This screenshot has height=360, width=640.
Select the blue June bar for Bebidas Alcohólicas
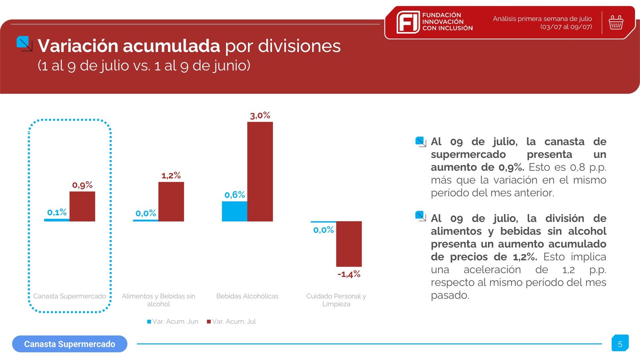(x=234, y=211)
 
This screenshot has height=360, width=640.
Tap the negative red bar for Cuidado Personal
(x=349, y=244)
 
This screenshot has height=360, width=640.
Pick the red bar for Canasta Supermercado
(x=82, y=206)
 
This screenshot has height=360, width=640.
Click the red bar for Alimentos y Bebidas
(x=171, y=202)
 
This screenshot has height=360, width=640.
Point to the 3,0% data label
(x=260, y=116)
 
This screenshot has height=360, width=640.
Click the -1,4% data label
(x=349, y=274)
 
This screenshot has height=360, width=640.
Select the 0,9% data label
(x=82, y=185)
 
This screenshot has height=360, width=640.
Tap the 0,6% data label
(x=234, y=195)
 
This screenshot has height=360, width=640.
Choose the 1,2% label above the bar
(x=171, y=176)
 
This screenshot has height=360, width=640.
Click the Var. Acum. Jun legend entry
(x=173, y=322)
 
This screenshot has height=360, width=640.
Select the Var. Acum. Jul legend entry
(x=232, y=322)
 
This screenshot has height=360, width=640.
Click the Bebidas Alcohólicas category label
(x=247, y=296)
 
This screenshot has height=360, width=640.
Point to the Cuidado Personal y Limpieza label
(x=336, y=300)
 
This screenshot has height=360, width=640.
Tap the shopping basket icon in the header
(x=616, y=22)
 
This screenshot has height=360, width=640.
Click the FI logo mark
(x=408, y=22)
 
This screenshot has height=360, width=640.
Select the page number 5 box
(x=620, y=344)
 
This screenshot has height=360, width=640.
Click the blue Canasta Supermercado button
(x=70, y=344)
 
